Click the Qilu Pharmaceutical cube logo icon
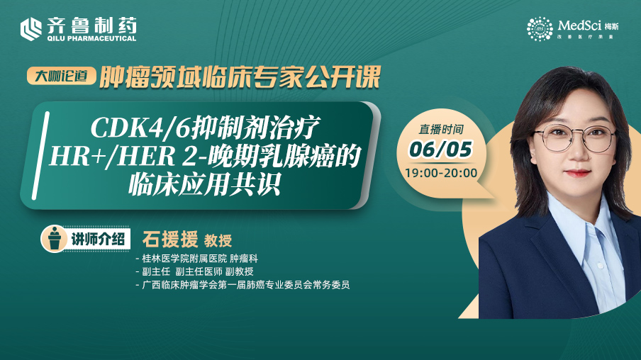[31, 29]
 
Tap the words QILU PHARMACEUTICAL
[91, 38]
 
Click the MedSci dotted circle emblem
[540, 28]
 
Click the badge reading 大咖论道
[61, 76]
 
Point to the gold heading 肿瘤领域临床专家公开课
[240, 77]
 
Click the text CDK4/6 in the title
[140, 128]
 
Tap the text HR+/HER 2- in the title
[128, 157]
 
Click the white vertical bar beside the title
[41, 155]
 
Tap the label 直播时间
[441, 130]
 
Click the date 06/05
[441, 149]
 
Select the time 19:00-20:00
[441, 173]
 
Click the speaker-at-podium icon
[54, 238]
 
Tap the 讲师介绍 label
[98, 239]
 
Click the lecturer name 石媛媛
[170, 240]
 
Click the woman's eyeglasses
[575, 137]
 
